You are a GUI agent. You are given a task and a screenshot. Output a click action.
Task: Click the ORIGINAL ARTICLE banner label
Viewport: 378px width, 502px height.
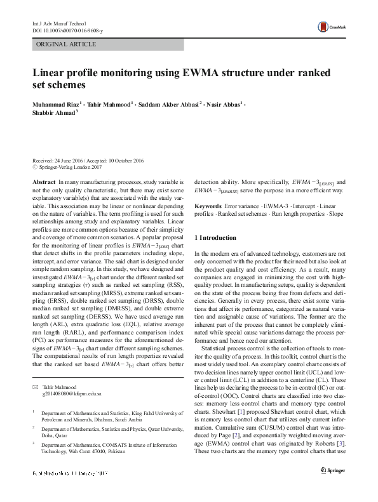67,44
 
